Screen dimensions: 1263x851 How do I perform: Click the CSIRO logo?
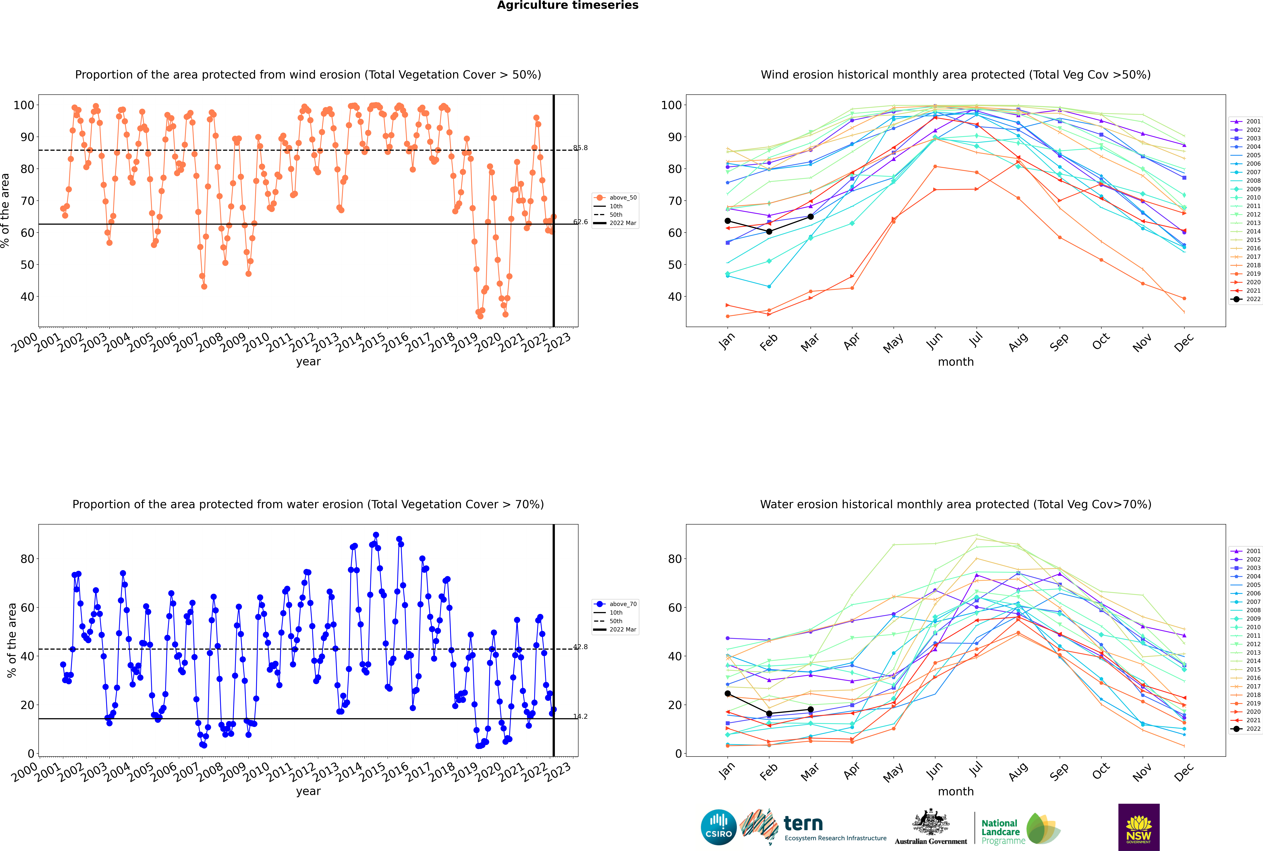pyautogui.click(x=718, y=828)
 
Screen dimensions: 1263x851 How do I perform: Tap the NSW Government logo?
pyautogui.click(x=1139, y=827)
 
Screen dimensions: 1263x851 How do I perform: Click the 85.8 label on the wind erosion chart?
pyautogui.click(x=580, y=148)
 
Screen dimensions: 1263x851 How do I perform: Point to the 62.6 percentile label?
pyautogui.click(x=580, y=222)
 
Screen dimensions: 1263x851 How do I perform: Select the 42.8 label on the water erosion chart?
pyautogui.click(x=580, y=647)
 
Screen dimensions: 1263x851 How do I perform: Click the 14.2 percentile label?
pyautogui.click(x=580, y=716)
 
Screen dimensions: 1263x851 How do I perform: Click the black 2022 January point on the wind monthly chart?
pyautogui.click(x=728, y=221)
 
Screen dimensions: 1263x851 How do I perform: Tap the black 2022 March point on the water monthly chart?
pyautogui.click(x=811, y=709)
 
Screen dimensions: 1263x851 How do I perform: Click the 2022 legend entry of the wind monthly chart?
pyautogui.click(x=1246, y=299)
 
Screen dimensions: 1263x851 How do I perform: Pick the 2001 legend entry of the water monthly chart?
pyautogui.click(x=1246, y=551)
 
